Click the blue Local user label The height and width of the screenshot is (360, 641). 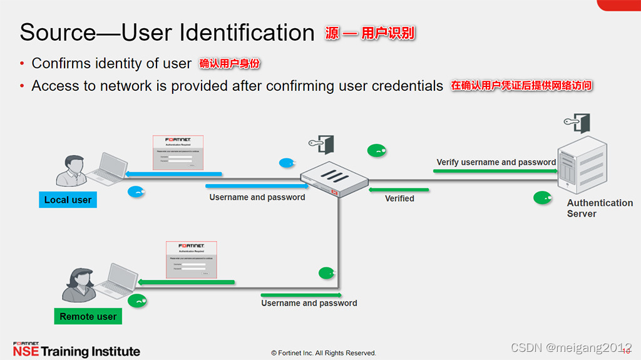click(x=68, y=200)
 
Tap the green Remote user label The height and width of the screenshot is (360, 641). click(x=88, y=317)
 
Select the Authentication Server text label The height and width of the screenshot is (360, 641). click(x=599, y=208)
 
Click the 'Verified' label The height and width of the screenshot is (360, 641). click(x=399, y=198)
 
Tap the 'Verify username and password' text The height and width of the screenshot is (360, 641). click(x=496, y=162)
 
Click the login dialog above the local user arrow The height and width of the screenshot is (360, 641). click(x=179, y=152)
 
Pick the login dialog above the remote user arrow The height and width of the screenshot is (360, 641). click(x=191, y=259)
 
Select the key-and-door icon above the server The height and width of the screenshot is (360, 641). click(x=577, y=123)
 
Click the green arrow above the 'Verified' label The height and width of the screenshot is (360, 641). click(x=399, y=189)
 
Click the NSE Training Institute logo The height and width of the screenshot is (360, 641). click(x=76, y=350)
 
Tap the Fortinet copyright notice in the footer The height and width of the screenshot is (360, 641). click(x=323, y=353)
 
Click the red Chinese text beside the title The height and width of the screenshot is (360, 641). click(x=369, y=33)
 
